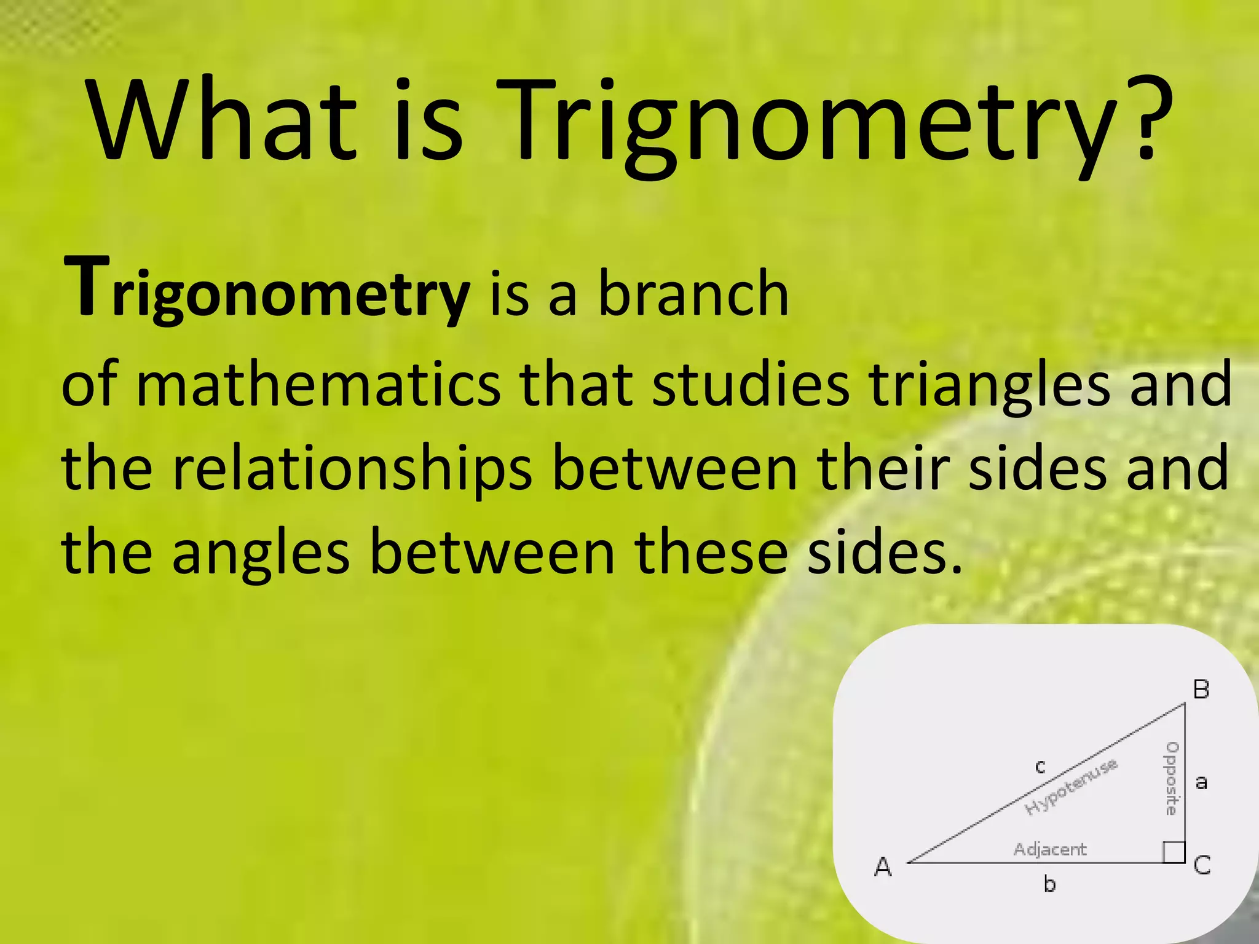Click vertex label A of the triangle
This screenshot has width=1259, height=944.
click(883, 867)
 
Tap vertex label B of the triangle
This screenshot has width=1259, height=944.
click(1201, 690)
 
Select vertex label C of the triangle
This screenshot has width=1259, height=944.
click(1202, 865)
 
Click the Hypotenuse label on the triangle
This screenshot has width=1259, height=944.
click(1072, 787)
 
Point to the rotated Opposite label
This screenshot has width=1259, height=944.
click(1172, 779)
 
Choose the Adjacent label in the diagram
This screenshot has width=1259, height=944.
click(1050, 849)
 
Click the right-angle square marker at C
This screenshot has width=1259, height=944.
click(1174, 852)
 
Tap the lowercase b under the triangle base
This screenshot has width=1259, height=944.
click(1049, 884)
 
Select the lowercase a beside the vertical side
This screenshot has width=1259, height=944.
click(1201, 782)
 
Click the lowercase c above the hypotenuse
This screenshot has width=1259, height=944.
click(1040, 766)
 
